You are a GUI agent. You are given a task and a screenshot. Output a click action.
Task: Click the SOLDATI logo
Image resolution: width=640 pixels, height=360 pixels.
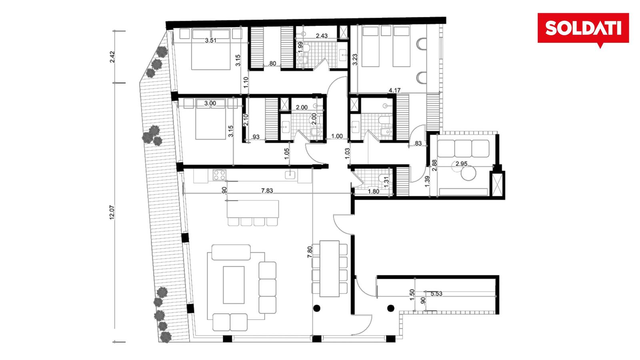pyautogui.click(x=583, y=28)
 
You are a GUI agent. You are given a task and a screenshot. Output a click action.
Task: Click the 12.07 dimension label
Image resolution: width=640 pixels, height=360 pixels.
pyautogui.click(x=112, y=212)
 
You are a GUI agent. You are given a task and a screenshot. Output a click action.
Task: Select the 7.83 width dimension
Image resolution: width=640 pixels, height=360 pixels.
pyautogui.click(x=267, y=190)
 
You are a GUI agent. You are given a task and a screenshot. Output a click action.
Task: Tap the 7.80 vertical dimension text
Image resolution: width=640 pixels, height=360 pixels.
pyautogui.click(x=310, y=252)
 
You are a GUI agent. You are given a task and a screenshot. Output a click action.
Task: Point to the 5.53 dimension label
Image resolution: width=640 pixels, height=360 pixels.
pyautogui.click(x=436, y=294)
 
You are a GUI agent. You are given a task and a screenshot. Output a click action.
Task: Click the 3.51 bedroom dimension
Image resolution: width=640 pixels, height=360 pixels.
pyautogui.click(x=210, y=40)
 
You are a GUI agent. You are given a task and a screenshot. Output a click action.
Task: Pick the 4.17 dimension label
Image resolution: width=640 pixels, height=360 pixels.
pyautogui.click(x=394, y=90)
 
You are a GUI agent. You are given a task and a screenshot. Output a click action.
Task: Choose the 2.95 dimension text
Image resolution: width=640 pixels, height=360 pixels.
pyautogui.click(x=462, y=164)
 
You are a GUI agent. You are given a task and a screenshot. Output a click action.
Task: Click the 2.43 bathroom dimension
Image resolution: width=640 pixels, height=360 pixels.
pyautogui.click(x=322, y=36)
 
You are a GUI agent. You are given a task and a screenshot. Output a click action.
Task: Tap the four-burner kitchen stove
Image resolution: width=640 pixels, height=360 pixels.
pyautogui.click(x=219, y=175)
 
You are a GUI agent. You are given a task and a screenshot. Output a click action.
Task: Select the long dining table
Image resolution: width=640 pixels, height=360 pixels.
pyautogui.click(x=330, y=268)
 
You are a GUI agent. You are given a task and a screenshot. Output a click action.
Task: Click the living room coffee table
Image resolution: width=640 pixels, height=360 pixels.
pyautogui.click(x=234, y=285)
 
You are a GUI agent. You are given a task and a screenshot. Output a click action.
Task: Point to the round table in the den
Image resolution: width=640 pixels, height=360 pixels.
pyautogui.click(x=468, y=173)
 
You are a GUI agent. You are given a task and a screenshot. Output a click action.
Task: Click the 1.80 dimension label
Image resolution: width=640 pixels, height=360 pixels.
pyautogui.click(x=374, y=192)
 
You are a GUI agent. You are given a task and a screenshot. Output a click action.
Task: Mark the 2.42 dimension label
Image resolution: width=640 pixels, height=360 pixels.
pyautogui.click(x=112, y=57)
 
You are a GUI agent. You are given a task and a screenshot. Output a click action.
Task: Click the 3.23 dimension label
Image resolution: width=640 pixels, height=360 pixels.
pyautogui.click(x=355, y=60)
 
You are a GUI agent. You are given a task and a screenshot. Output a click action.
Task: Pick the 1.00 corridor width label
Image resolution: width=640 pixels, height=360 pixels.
pyautogui.click(x=337, y=136)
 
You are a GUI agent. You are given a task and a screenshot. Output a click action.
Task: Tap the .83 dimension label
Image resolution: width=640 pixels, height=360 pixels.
pyautogui.click(x=418, y=144)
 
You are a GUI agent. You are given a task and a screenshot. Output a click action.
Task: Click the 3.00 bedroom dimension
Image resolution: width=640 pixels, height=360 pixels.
pyautogui.click(x=210, y=103)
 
